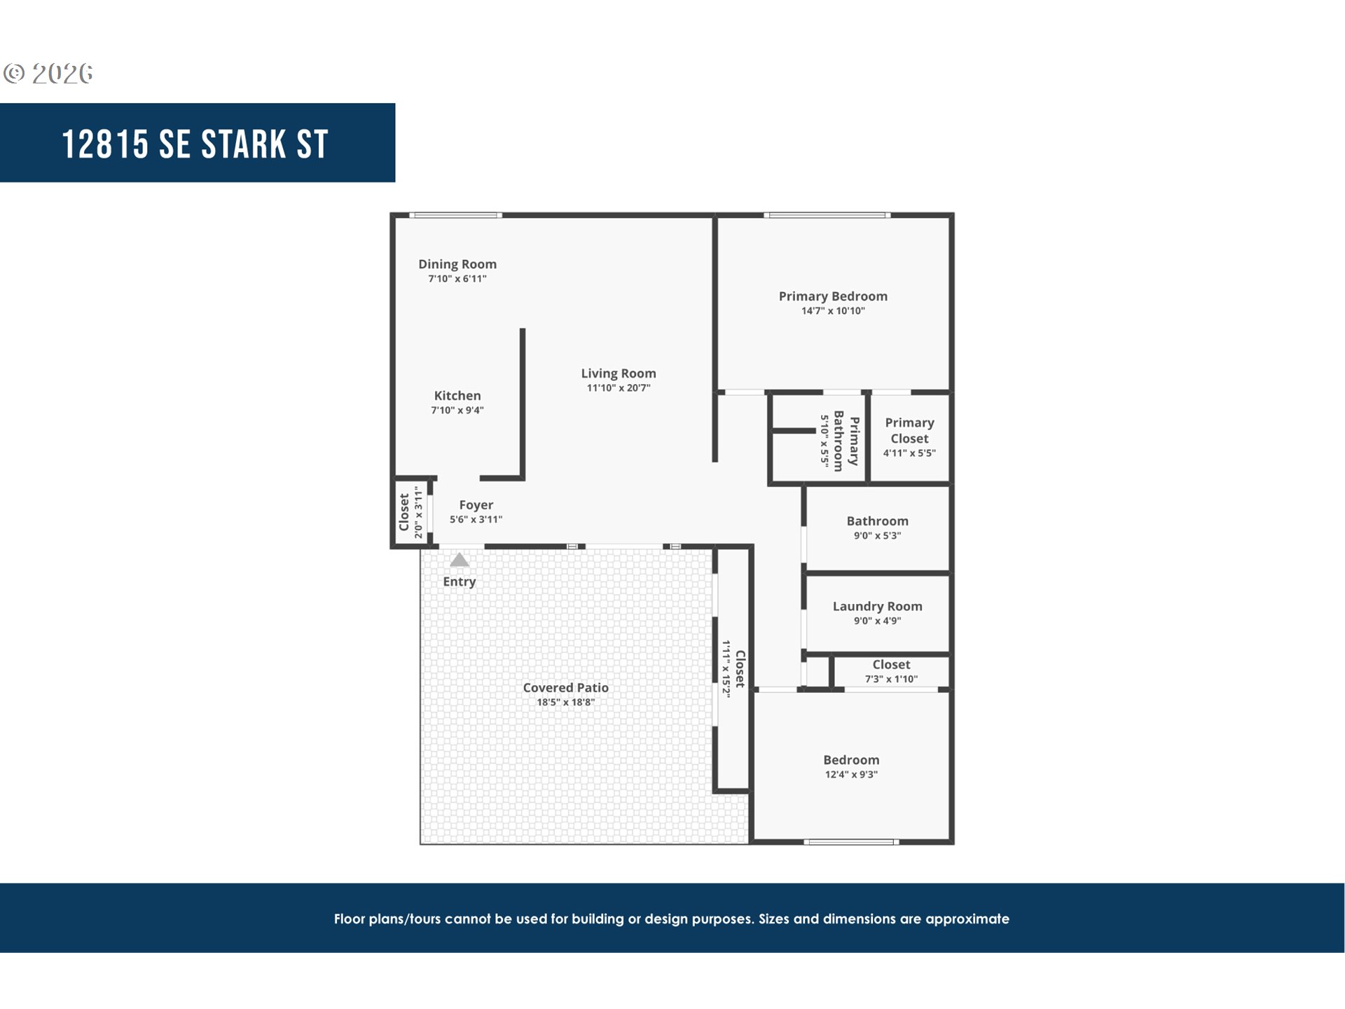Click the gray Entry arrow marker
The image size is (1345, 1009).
point(459,560)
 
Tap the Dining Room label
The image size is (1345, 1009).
point(457,264)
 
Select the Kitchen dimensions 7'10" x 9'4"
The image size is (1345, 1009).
point(457,411)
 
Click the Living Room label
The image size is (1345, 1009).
point(619,373)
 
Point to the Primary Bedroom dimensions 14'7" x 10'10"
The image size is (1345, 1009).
point(833,311)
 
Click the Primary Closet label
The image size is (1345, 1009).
point(909,430)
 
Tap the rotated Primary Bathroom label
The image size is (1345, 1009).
point(846,441)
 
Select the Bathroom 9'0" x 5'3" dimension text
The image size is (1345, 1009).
point(877,536)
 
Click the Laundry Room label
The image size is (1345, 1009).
point(877,606)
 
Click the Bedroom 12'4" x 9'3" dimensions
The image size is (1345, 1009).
point(851,775)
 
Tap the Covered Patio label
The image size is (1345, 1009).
point(565,687)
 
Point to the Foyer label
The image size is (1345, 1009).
point(476,505)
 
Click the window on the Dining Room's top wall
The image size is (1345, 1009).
point(455,215)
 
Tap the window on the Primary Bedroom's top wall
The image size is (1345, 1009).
point(827,215)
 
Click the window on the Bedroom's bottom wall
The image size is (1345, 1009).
point(851,842)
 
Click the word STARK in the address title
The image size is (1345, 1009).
point(244,145)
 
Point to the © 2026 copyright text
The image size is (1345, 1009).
point(48,74)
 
